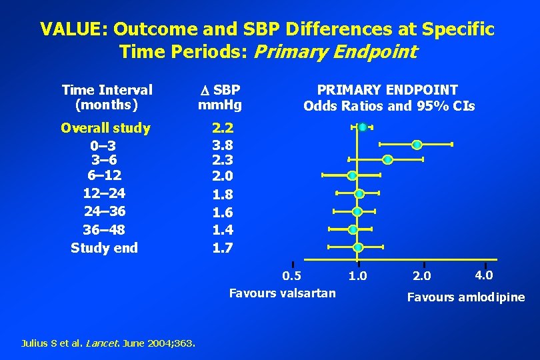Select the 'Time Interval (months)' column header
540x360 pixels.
pyautogui.click(x=107, y=97)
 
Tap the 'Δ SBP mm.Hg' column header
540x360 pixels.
pyautogui.click(x=220, y=97)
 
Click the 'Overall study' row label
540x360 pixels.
pyautogui.click(x=105, y=128)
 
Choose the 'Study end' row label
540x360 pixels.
pyautogui.click(x=104, y=248)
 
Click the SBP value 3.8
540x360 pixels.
pyautogui.click(x=222, y=145)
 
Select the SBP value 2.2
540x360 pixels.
pyautogui.click(x=222, y=128)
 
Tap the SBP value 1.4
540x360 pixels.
pyautogui.click(x=222, y=230)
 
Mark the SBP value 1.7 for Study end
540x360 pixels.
pyautogui.click(x=222, y=248)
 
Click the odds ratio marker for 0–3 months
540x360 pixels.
pyautogui.click(x=417, y=144)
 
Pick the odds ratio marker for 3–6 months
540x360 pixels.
pyautogui.click(x=388, y=159)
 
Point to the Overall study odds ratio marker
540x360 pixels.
pyautogui.click(x=362, y=127)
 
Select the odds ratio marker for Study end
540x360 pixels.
pyautogui.click(x=358, y=247)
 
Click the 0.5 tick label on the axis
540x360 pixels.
pyautogui.click(x=291, y=275)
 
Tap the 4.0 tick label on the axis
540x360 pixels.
pyautogui.click(x=483, y=275)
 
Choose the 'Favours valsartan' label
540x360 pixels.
pyautogui.click(x=282, y=293)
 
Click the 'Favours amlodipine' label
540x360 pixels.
pyautogui.click(x=466, y=297)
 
